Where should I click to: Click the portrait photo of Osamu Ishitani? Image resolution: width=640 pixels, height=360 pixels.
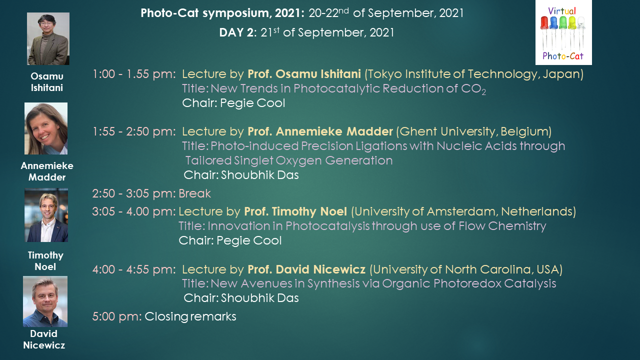[x=48, y=38]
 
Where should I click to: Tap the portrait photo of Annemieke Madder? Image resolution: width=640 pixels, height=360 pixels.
[x=46, y=128]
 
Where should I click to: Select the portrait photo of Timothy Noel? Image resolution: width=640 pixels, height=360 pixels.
[x=46, y=215]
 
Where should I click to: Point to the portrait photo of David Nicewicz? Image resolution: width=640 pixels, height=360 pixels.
[x=45, y=301]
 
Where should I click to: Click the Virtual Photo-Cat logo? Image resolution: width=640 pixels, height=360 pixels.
[x=563, y=32]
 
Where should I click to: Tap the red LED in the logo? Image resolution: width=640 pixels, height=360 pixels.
[x=544, y=23]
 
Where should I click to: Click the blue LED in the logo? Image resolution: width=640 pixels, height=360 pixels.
[x=553, y=23]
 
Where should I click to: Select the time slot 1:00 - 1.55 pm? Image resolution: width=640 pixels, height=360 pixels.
[x=134, y=74]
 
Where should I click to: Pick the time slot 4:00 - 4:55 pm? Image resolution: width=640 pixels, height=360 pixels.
[x=134, y=269]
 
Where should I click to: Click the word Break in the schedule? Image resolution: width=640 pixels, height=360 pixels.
[x=194, y=193]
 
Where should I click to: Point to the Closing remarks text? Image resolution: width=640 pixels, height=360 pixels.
[x=190, y=316]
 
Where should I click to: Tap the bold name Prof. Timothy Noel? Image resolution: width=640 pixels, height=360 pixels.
[x=295, y=211]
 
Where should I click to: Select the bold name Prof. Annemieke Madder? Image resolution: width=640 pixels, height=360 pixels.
[x=320, y=131]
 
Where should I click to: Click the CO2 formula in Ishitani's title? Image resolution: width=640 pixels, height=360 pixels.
[x=473, y=89]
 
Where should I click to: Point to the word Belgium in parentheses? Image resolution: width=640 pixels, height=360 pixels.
[x=524, y=131]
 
